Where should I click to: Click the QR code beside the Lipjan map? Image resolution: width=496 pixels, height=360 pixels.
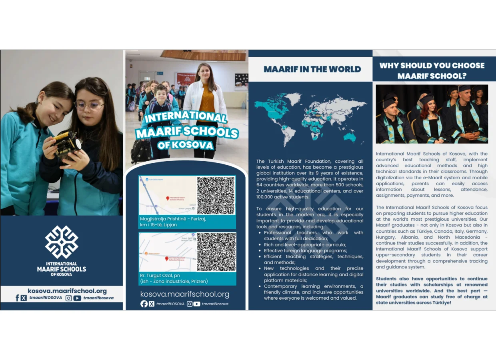[216, 196]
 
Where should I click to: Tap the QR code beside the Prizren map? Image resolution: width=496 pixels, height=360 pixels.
[216, 252]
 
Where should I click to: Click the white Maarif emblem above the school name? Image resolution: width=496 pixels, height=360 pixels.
[62, 242]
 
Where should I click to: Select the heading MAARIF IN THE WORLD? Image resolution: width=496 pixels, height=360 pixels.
[312, 69]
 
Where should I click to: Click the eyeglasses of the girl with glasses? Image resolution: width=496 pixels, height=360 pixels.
[89, 106]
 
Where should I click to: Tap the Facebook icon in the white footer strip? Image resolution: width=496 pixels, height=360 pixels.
[17, 298]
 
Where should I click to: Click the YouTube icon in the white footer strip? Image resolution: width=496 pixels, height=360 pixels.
[77, 298]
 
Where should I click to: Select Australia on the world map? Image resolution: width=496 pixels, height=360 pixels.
[349, 137]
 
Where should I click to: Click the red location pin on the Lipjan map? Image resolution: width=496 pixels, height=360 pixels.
[168, 198]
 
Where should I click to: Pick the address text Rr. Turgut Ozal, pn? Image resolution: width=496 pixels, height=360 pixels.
[160, 276]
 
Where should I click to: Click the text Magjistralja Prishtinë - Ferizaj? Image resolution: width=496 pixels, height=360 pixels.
[173, 219]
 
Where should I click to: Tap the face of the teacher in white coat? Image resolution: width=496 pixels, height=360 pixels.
[203, 72]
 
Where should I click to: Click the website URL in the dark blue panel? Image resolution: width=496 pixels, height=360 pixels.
[185, 294]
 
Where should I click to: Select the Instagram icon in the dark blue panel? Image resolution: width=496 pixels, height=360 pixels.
[190, 304]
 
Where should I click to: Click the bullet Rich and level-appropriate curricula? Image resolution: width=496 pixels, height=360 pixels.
[305, 244]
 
